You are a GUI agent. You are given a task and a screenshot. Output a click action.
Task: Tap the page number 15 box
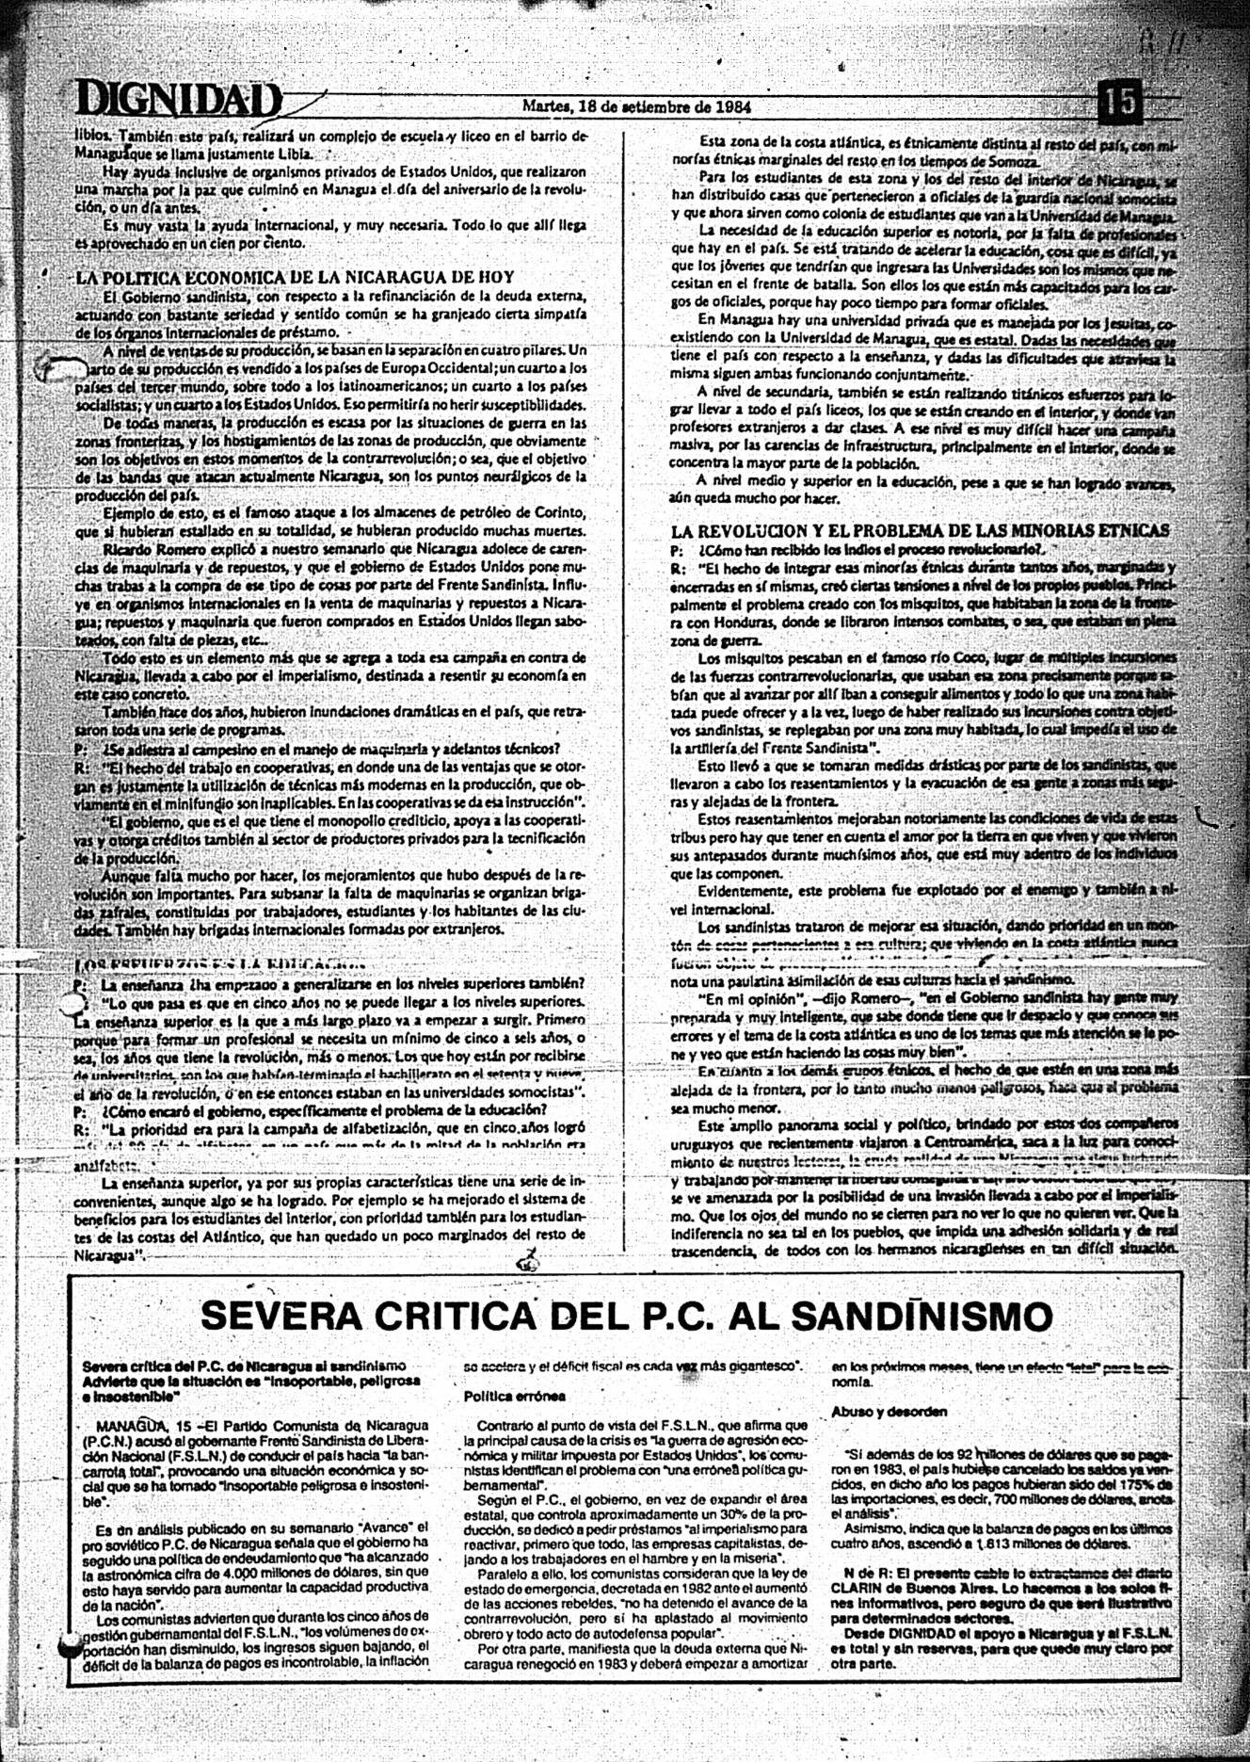coord(1119,102)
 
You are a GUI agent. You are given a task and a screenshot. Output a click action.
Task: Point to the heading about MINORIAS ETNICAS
coord(920,530)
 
